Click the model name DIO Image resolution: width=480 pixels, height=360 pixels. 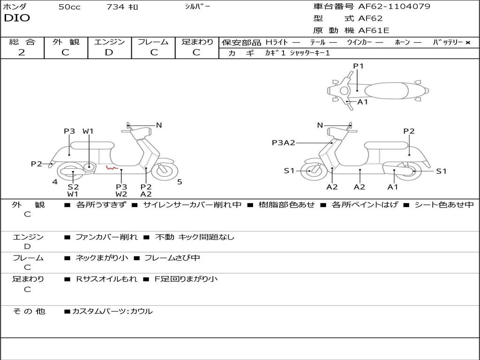pyautogui.click(x=17, y=18)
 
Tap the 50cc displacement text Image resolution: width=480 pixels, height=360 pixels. pyautogui.click(x=69, y=7)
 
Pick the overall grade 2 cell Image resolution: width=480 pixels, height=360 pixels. pyautogui.click(x=22, y=52)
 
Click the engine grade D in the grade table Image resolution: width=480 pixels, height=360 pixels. pyautogui.click(x=109, y=52)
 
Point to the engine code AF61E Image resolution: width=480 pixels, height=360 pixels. pyautogui.click(x=374, y=30)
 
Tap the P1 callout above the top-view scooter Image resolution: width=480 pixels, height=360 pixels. pyautogui.click(x=359, y=66)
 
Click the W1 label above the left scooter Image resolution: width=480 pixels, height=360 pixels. pyautogui.click(x=88, y=131)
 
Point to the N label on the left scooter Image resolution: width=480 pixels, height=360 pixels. pyautogui.click(x=159, y=125)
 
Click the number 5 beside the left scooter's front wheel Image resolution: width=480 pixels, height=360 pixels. pyautogui.click(x=180, y=182)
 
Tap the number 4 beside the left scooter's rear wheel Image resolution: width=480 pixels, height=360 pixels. pyautogui.click(x=55, y=182)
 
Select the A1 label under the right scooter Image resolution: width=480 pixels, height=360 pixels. pyautogui.click(x=393, y=187)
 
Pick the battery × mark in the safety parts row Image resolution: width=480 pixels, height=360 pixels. pyautogui.click(x=468, y=42)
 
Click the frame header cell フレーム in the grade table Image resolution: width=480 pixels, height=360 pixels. pyautogui.click(x=153, y=42)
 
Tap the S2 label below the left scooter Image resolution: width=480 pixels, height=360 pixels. pyautogui.click(x=73, y=187)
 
